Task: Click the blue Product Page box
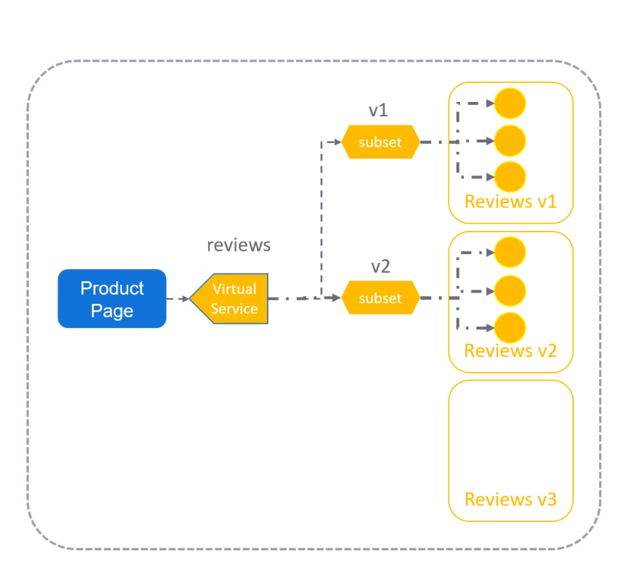112,298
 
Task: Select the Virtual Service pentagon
229,298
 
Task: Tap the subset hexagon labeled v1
380,142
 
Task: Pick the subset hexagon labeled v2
380,297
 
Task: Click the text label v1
378,110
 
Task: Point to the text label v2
380,266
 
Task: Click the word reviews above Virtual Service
239,245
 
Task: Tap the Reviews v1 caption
511,201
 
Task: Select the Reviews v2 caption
511,351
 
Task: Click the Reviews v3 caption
511,499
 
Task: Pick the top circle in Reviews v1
510,103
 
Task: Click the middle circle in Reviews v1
510,140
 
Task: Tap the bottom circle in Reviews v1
510,177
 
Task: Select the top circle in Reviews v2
510,252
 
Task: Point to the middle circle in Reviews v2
510,291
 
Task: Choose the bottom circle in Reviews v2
510,328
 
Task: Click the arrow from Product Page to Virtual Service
178,299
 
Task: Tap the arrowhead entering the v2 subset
336,297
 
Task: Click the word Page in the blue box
112,311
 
